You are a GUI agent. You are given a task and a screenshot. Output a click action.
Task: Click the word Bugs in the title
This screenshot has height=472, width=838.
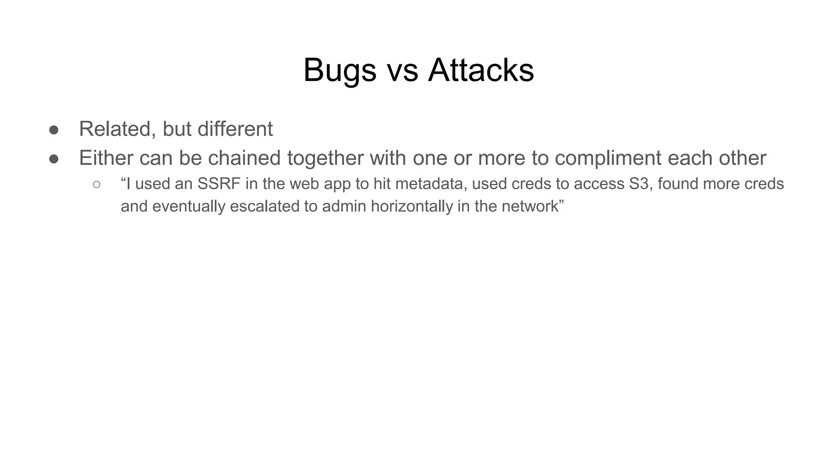(340, 70)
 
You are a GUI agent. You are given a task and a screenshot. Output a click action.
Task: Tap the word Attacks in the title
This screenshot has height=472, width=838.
(481, 70)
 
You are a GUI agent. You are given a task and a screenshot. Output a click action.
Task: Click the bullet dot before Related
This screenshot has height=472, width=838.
(54, 130)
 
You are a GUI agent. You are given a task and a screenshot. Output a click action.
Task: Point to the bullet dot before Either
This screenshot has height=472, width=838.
(54, 159)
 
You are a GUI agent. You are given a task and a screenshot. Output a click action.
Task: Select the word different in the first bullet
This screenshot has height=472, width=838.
(235, 129)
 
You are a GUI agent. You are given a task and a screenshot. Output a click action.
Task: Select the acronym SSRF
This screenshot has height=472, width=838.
(219, 184)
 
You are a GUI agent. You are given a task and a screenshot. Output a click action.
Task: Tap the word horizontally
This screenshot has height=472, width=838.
(412, 206)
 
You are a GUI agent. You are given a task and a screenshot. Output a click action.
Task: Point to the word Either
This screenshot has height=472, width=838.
(106, 158)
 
